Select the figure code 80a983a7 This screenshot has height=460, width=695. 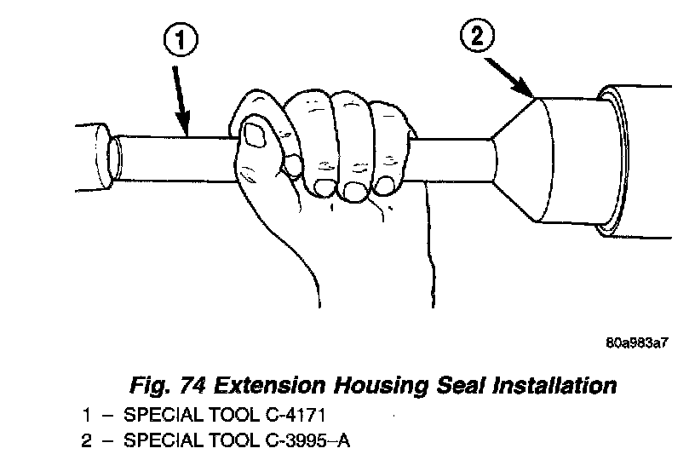tap(635, 344)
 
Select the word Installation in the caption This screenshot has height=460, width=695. tap(554, 385)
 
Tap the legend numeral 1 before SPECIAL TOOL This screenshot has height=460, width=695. tap(85, 417)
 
